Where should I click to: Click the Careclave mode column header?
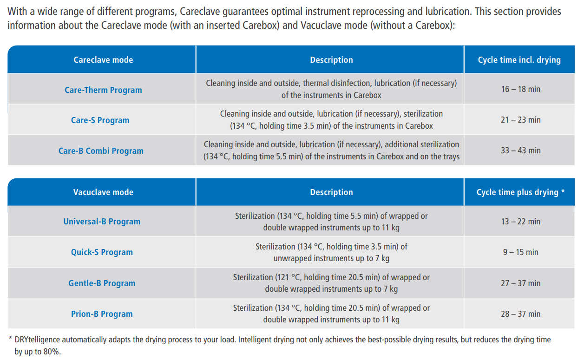103,60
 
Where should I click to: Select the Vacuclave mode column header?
103,192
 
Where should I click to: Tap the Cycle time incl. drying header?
519,60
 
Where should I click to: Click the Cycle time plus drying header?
521,192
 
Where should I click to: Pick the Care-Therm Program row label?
103,90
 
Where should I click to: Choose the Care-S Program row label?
100,120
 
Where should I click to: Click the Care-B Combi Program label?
101,151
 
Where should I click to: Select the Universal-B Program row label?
102,222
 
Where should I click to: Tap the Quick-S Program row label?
102,252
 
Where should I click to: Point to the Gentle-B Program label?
102,283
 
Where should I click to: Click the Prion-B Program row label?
102,314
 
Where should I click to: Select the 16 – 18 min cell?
521,89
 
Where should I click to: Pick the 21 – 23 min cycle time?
521,120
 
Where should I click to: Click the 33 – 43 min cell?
521,151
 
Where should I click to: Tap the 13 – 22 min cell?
521,222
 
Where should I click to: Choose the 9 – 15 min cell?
521,252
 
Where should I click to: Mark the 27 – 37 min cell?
521,283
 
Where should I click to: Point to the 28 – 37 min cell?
521,314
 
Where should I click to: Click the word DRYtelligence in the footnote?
37,340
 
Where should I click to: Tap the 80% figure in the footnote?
52,352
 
